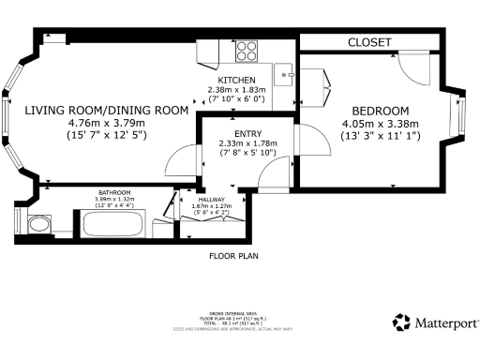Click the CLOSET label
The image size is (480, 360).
[x=369, y=43]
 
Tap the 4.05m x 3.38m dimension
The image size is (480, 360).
[x=380, y=122]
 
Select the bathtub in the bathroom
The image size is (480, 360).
[x=112, y=225]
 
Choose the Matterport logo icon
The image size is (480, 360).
[x=400, y=322]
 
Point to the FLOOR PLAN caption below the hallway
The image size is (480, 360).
[x=232, y=255]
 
